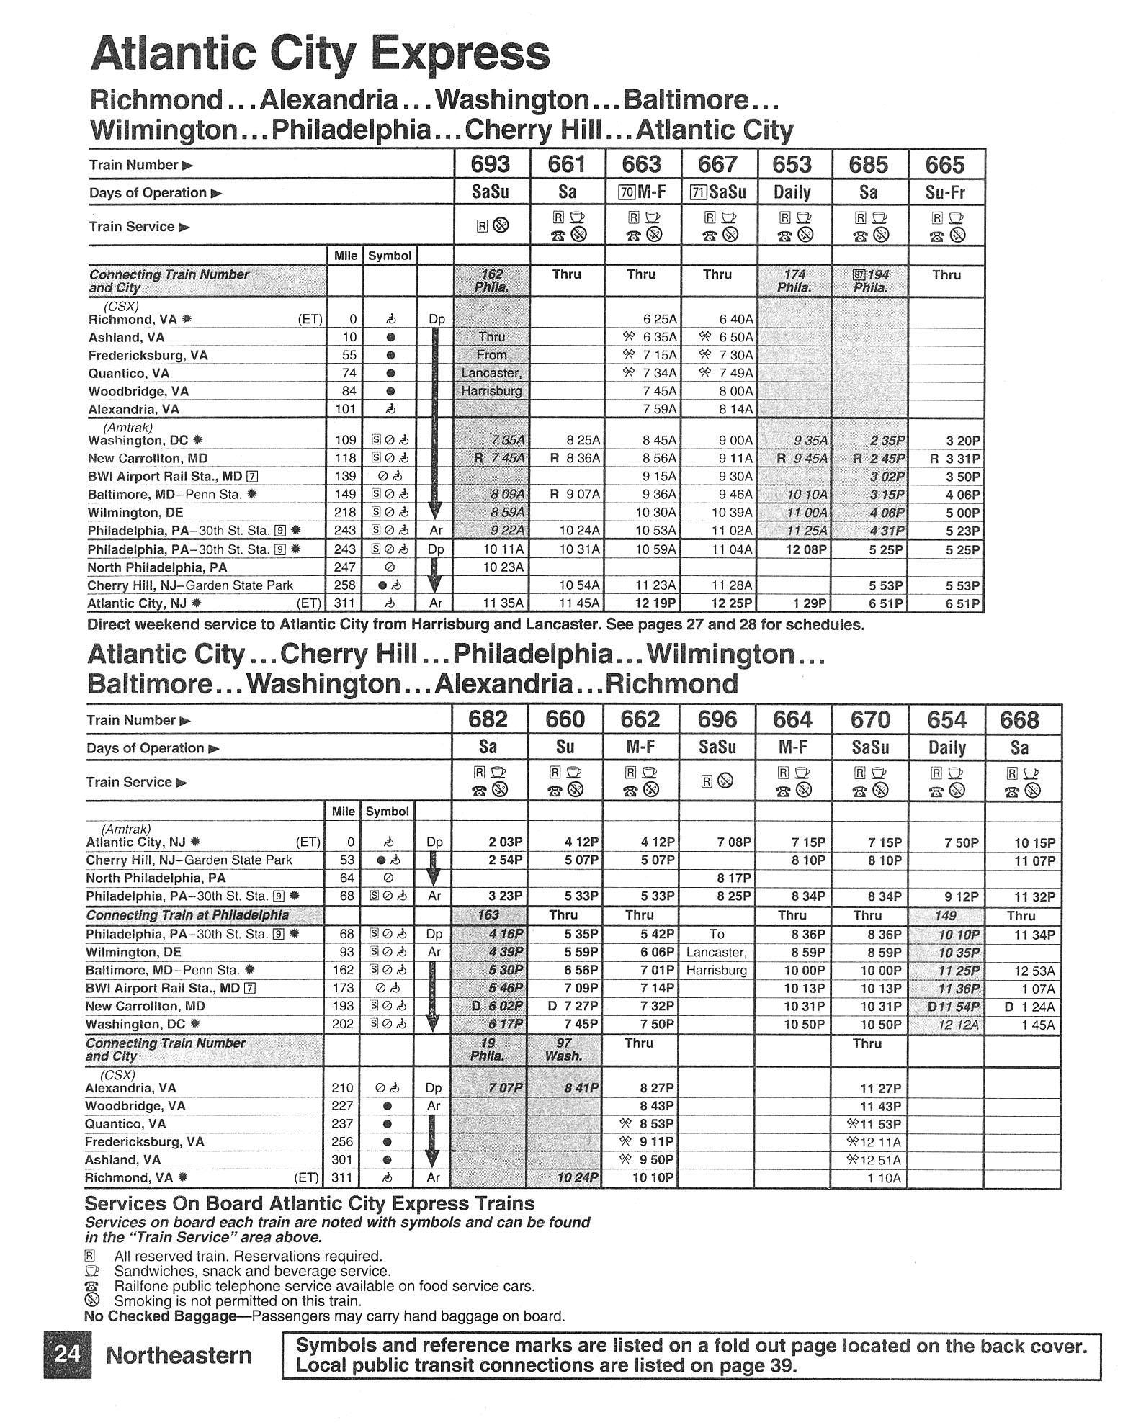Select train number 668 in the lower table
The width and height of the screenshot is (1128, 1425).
point(1020,720)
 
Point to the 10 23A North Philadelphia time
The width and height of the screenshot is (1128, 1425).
point(503,567)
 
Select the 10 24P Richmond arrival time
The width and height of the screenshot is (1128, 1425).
point(578,1178)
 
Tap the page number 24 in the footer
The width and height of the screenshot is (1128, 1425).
point(68,1354)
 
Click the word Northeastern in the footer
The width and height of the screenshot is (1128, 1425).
point(179,1355)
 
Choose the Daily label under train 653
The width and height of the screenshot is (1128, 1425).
point(792,193)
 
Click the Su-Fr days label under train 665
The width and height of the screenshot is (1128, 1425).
point(945,193)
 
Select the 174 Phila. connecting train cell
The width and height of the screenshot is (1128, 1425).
point(794,281)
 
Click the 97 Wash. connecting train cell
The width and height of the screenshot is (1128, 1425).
point(563,1050)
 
